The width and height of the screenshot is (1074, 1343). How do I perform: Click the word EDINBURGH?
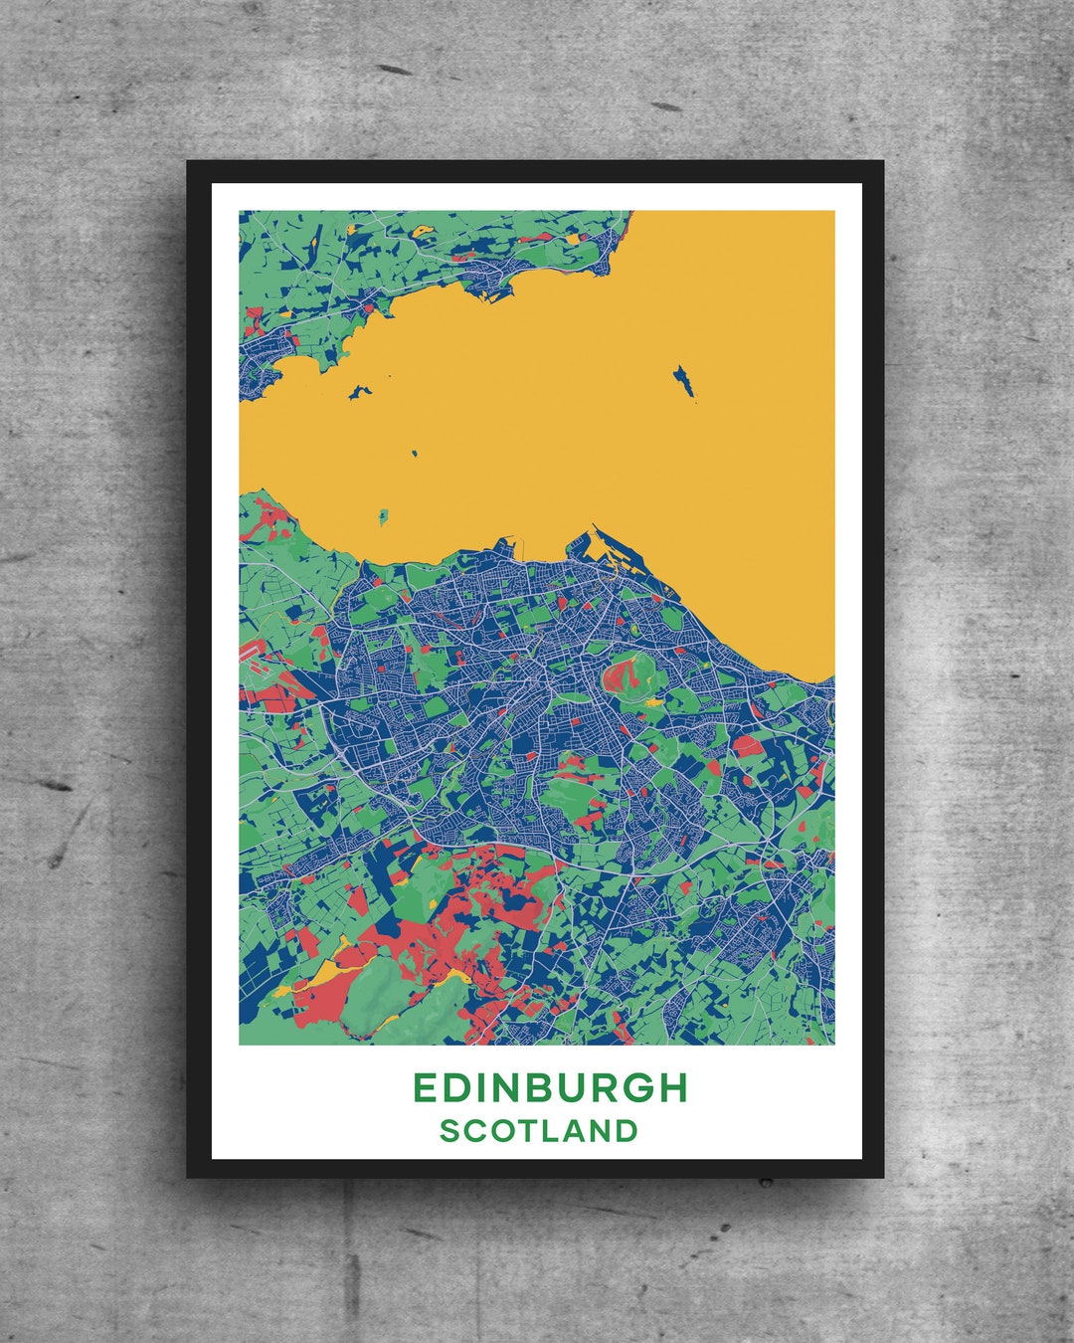pyautogui.click(x=550, y=1087)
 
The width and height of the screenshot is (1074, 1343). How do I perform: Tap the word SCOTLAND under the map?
pyautogui.click(x=539, y=1131)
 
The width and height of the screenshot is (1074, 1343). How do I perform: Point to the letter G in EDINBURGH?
pyautogui.click(x=634, y=1087)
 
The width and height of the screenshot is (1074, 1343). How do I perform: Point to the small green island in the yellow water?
pyautogui.click(x=383, y=516)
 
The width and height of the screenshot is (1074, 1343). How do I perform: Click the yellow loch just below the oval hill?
pyautogui.click(x=653, y=701)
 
